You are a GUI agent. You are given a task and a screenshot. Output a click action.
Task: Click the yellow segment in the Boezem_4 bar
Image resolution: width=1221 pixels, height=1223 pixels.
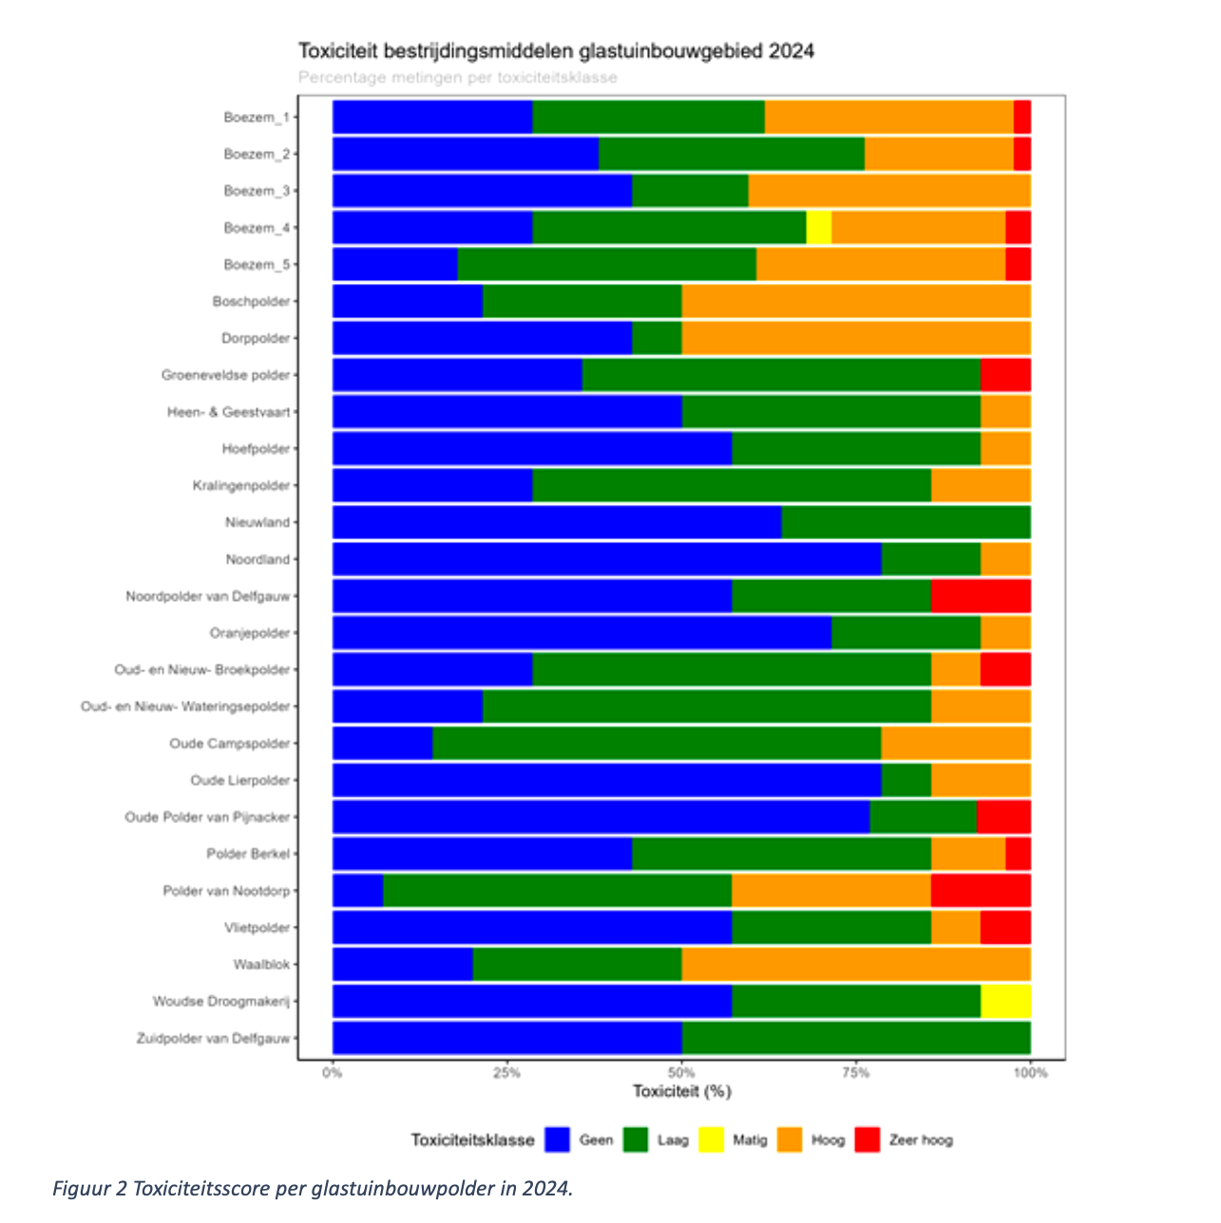pyautogui.click(x=818, y=228)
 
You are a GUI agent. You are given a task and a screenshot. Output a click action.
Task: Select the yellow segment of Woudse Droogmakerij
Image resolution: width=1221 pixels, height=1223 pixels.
pyautogui.click(x=1005, y=1002)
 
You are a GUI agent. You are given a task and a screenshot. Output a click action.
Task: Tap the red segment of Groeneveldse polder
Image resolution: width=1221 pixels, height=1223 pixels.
pyautogui.click(x=1005, y=375)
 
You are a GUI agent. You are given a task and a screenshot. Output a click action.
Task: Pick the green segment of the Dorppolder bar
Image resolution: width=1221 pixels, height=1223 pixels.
pyautogui.click(x=657, y=338)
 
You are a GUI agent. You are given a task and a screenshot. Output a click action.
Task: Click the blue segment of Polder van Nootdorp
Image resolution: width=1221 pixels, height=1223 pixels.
pyautogui.click(x=357, y=891)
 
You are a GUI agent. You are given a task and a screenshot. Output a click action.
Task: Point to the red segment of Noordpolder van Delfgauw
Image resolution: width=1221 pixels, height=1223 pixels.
pyautogui.click(x=981, y=596)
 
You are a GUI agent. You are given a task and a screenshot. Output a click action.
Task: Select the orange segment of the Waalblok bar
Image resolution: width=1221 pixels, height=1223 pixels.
pyautogui.click(x=855, y=965)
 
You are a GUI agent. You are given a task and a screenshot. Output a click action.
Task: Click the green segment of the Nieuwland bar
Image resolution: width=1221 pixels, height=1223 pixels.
pyautogui.click(x=906, y=522)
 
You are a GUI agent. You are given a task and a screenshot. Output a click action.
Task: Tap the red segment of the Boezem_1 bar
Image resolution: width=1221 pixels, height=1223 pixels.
pyautogui.click(x=1021, y=117)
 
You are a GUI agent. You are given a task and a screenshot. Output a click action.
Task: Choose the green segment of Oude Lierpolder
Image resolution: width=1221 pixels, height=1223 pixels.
pyautogui.click(x=906, y=781)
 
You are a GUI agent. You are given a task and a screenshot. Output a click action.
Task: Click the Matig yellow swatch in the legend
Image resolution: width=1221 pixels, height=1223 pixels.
pyautogui.click(x=712, y=1139)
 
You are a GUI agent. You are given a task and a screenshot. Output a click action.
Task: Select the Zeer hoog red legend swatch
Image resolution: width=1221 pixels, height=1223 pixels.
pyautogui.click(x=868, y=1139)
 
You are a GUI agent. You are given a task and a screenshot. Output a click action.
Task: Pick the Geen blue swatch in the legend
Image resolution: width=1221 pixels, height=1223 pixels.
pyautogui.click(x=557, y=1139)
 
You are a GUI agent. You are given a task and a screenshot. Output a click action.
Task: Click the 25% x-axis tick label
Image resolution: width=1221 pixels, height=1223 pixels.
pyautogui.click(x=506, y=1073)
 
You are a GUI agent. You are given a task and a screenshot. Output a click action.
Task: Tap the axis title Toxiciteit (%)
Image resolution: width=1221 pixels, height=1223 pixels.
pyautogui.click(x=681, y=1092)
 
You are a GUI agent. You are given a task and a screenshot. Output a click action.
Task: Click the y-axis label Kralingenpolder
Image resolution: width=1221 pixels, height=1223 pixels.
pyautogui.click(x=240, y=486)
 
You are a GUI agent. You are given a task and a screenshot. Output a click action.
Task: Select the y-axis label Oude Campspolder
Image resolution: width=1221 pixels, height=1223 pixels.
pyautogui.click(x=229, y=743)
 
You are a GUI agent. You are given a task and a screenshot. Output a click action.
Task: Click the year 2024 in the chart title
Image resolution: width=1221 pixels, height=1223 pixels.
pyautogui.click(x=791, y=51)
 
